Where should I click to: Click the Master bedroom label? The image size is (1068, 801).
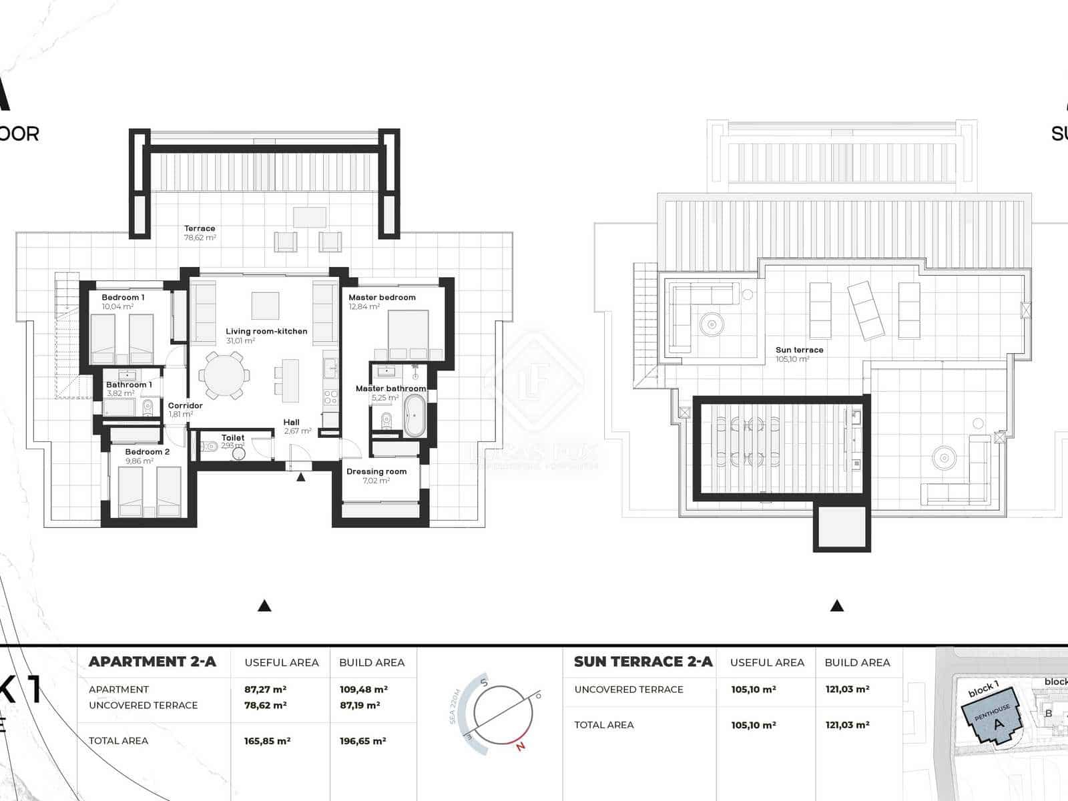coord(382,298)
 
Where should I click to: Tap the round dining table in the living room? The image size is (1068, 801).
coord(224,376)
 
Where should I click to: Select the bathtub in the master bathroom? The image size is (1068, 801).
coord(415,415)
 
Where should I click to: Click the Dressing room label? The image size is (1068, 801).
coord(376,471)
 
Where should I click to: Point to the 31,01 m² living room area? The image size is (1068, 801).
coord(240,341)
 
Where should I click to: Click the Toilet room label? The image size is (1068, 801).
coord(233,438)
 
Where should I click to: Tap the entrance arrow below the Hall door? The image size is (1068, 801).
coord(301,477)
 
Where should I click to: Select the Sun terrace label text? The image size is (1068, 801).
coord(799,350)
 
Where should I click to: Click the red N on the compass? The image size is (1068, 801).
coord(521,746)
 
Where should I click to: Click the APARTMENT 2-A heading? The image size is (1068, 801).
coord(152,662)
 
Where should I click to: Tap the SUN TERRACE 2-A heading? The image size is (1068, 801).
coord(643,662)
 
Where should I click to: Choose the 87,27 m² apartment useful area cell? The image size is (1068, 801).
coord(265,690)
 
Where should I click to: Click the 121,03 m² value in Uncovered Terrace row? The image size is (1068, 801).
coord(847,690)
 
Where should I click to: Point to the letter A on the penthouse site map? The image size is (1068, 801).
coord(999,724)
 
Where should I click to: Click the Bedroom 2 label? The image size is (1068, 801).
coord(148,452)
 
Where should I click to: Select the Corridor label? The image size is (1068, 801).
coord(185,405)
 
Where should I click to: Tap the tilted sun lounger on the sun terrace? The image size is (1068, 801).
coord(866,310)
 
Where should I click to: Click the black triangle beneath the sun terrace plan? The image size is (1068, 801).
coord(837,606)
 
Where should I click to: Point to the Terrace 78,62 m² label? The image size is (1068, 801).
coord(200,232)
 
